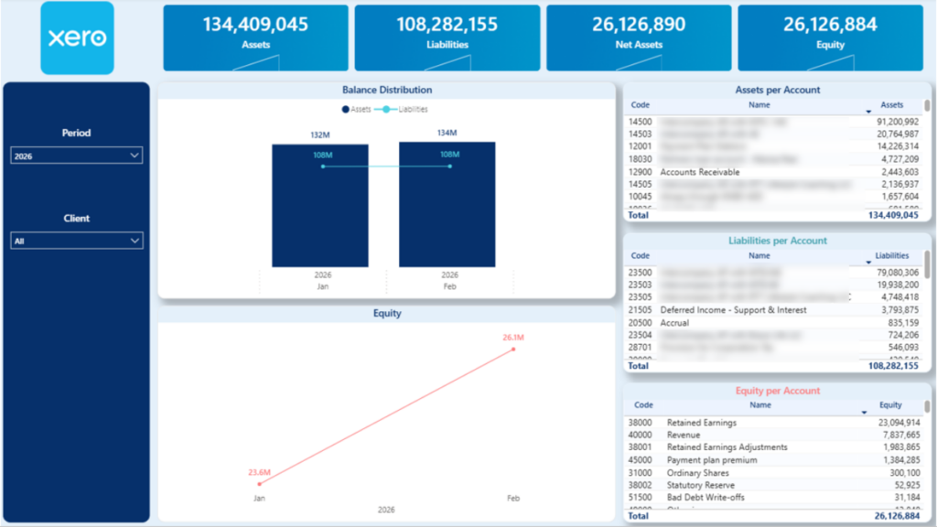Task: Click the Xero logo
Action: (77, 38)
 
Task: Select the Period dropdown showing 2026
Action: (76, 156)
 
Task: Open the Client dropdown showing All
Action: (76, 242)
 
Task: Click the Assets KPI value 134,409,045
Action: (255, 25)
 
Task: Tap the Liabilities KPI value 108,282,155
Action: (447, 25)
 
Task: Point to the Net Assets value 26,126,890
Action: (638, 25)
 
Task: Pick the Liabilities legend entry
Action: (406, 109)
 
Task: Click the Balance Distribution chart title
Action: (387, 90)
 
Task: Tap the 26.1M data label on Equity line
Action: (512, 338)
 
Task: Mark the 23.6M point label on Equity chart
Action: (259, 472)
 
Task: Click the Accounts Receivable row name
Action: (700, 172)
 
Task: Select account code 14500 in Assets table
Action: (641, 121)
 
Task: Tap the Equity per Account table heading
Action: (778, 391)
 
